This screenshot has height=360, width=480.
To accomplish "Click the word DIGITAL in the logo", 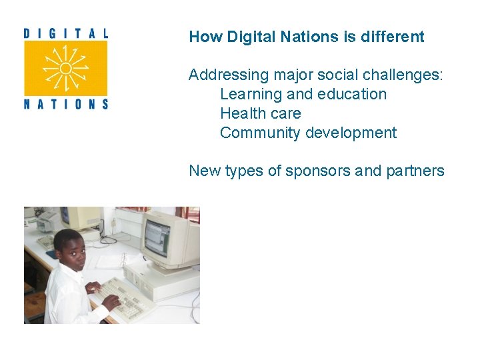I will (x=65, y=33).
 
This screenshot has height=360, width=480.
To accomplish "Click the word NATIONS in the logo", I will (x=65, y=103).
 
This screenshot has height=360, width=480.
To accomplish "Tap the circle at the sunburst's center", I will (x=65, y=68).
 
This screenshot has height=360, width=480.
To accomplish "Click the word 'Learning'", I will (x=251, y=94).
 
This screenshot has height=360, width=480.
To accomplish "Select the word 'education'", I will (x=352, y=94).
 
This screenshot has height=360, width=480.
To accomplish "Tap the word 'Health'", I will (x=241, y=113).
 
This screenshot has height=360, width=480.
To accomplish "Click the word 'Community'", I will (x=260, y=133).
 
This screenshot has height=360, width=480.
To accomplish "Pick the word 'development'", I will (x=351, y=133).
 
